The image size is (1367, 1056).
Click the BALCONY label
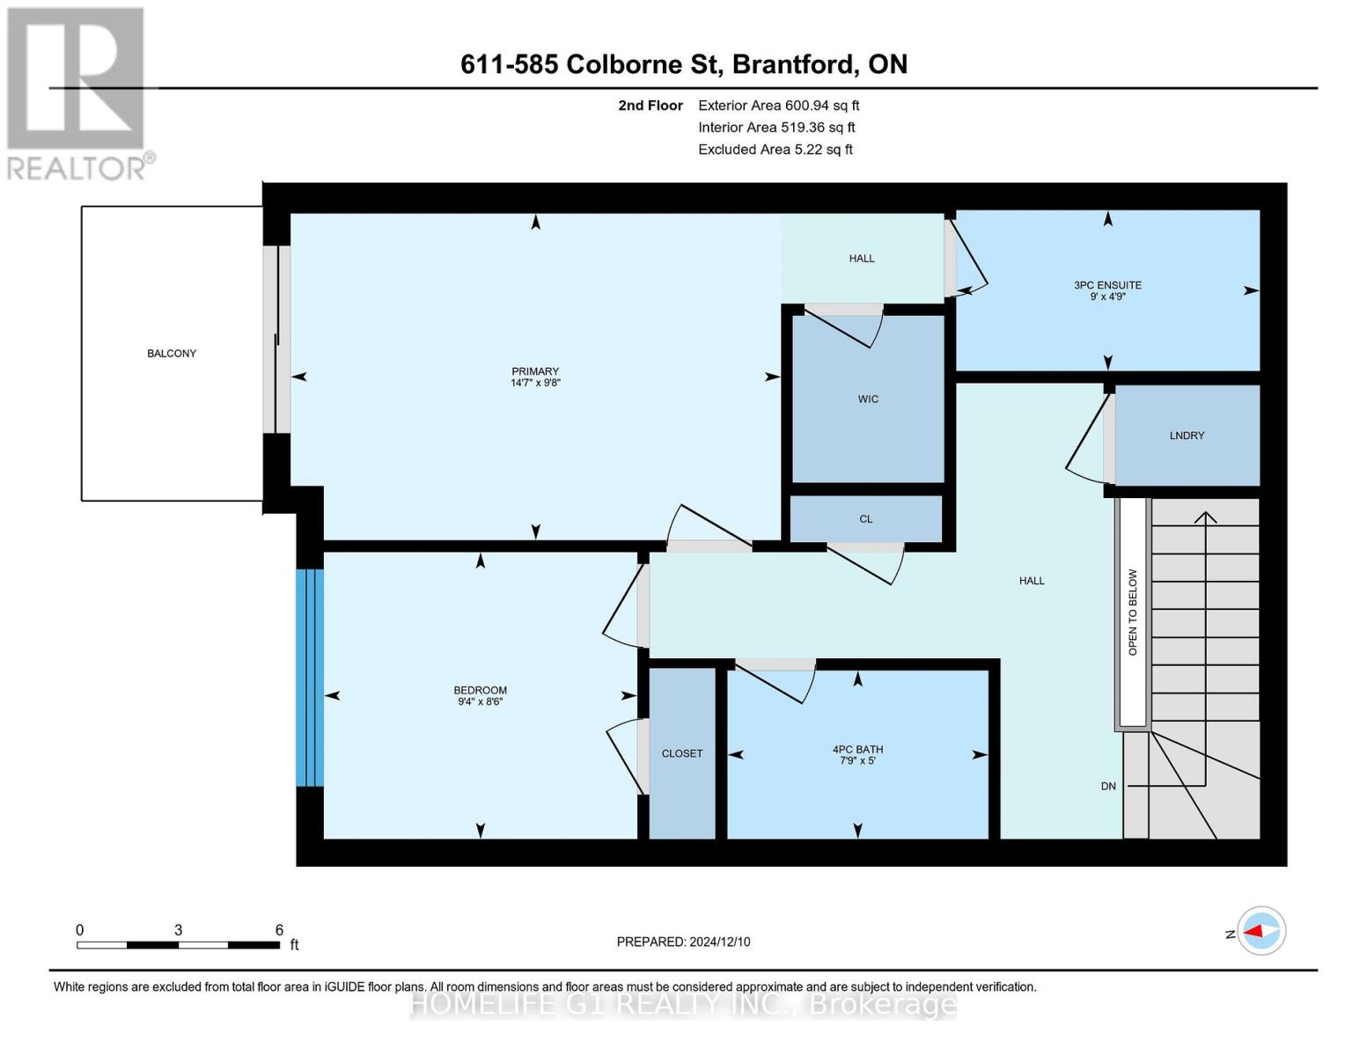(172, 354)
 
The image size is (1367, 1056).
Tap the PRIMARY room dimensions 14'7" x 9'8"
(535, 383)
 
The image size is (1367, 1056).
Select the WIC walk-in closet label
(868, 400)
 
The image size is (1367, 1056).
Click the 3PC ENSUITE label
(1107, 285)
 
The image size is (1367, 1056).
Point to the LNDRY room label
(1187, 436)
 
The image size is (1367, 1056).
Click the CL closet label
(866, 519)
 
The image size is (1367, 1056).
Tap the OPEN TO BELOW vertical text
(1133, 612)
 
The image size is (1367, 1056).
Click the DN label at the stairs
(1108, 786)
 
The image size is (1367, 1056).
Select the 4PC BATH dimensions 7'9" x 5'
(857, 760)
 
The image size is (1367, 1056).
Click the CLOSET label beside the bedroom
(682, 753)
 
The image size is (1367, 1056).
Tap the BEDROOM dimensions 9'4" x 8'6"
(480, 702)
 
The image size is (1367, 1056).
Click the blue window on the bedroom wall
(310, 678)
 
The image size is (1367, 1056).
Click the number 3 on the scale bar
(179, 930)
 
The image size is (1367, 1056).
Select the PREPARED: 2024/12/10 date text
(683, 942)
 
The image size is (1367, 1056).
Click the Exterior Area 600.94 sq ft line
(778, 106)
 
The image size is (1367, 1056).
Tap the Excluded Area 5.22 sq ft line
(775, 150)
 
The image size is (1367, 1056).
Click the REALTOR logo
(77, 92)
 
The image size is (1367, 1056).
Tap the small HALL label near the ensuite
(862, 259)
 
